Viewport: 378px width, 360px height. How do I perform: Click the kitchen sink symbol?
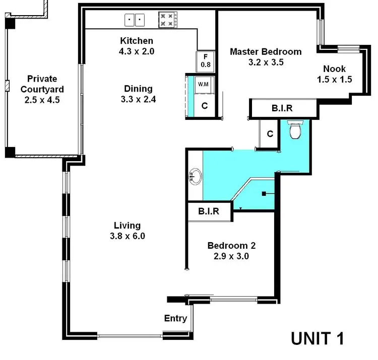[135, 20]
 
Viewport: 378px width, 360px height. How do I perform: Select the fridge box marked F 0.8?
[206, 61]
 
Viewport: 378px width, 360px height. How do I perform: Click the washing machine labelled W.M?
[204, 84]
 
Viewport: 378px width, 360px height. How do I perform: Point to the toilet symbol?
[294, 131]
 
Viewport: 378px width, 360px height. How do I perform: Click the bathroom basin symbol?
[194, 177]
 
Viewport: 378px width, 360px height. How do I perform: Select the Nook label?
[334, 68]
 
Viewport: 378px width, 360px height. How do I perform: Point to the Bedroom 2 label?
[231, 246]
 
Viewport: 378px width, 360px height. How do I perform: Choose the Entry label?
[175, 318]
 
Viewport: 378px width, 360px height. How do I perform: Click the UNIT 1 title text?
[318, 338]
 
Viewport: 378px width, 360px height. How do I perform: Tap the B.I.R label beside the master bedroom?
[282, 108]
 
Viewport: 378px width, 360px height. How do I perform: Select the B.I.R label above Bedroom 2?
[209, 211]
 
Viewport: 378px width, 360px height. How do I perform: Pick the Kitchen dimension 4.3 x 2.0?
[137, 50]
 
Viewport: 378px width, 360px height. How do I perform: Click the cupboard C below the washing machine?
[205, 106]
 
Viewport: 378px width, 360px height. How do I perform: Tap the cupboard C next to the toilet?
[270, 134]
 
